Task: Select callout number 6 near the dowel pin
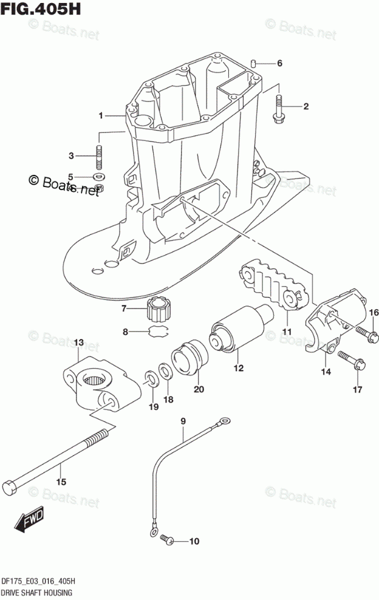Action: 280,63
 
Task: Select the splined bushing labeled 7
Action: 160,310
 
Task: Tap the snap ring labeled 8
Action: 159,332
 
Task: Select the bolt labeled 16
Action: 363,332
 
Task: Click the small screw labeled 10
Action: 166,539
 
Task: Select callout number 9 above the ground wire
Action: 182,420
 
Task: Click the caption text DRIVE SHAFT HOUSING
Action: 38,591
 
